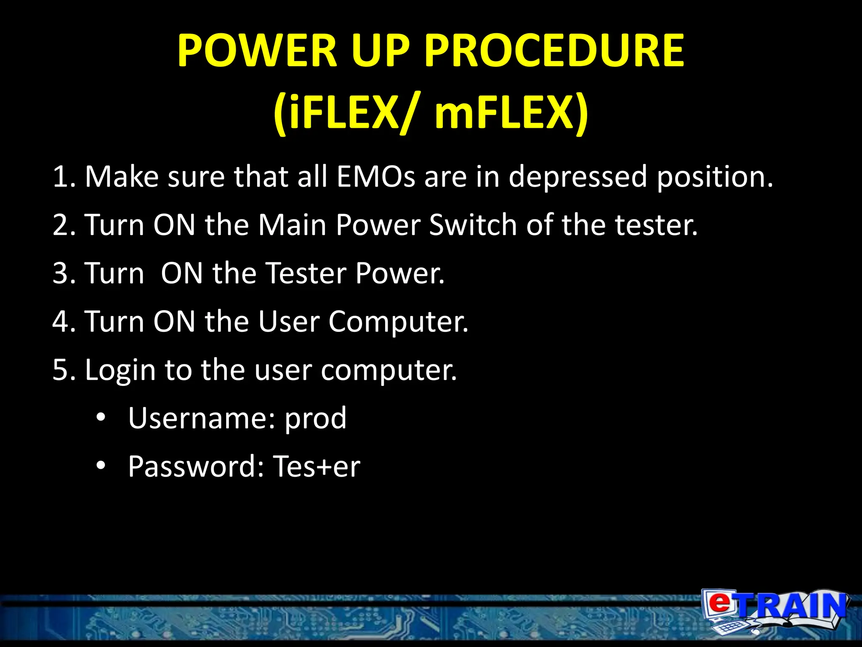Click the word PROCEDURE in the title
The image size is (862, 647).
click(x=554, y=51)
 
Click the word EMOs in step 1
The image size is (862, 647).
click(x=375, y=176)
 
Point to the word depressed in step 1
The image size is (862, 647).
click(x=577, y=176)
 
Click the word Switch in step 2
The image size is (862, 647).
click(x=473, y=225)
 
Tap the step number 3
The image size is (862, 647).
click(x=61, y=273)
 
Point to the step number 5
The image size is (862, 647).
click(x=61, y=370)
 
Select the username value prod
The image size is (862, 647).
click(x=316, y=419)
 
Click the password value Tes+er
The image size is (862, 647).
click(x=317, y=467)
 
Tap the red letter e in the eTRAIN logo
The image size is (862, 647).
click(x=720, y=602)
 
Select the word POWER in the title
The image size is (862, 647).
click(x=257, y=51)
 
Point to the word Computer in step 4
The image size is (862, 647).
click(x=398, y=322)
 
